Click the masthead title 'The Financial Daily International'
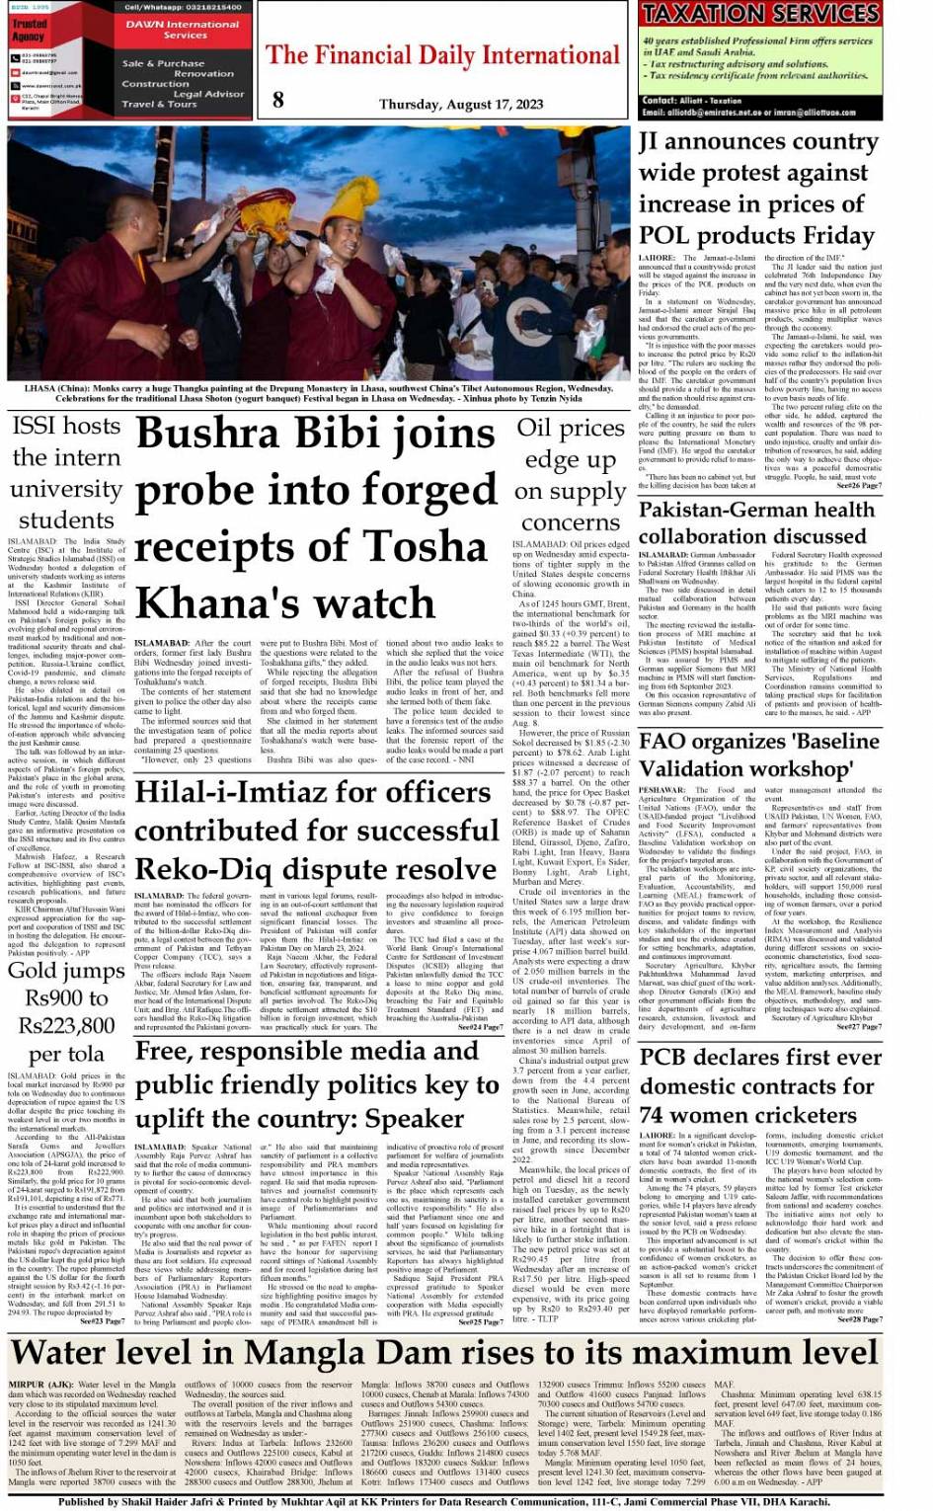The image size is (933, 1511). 442,56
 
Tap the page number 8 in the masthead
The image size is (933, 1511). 278,99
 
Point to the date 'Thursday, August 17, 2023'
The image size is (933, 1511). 461,104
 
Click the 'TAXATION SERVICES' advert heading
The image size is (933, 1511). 759,14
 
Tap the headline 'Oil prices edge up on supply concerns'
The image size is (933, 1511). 570,475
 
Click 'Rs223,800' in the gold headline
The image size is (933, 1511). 66,1026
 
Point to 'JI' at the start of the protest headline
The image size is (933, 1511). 648,143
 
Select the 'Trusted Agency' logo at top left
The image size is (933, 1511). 29,30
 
